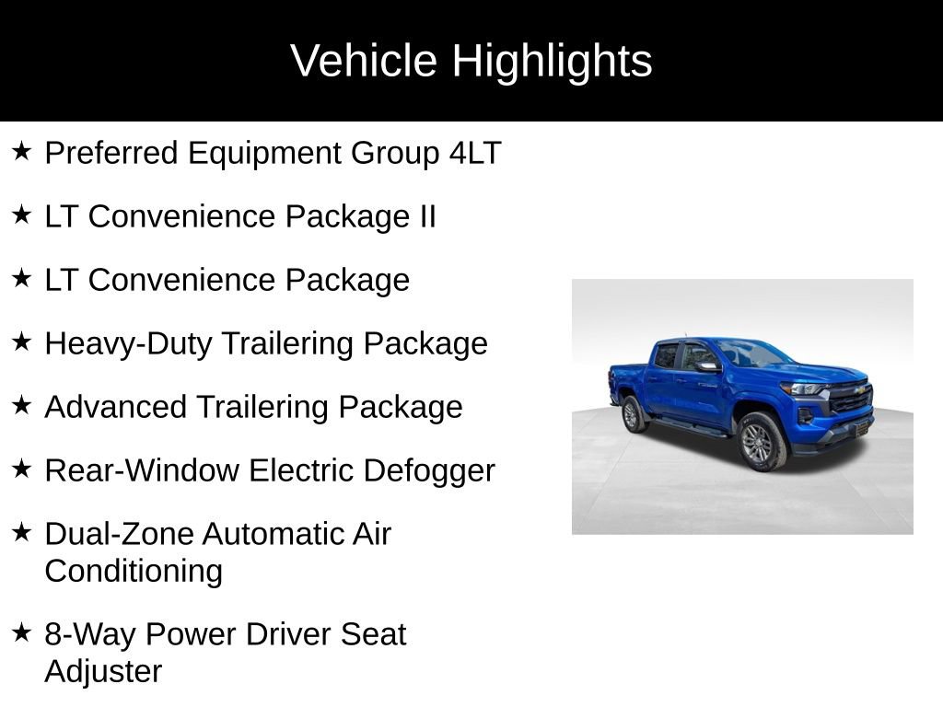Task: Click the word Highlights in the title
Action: coord(552,62)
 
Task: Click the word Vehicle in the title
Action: coord(364,62)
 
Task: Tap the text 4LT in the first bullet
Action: coord(475,153)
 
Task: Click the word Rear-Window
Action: coord(142,470)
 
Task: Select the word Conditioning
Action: coord(134,571)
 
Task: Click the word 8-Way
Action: coord(90,634)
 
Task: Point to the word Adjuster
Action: coord(103,671)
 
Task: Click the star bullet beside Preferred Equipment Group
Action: coord(22,151)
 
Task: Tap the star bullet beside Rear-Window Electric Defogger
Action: coord(22,469)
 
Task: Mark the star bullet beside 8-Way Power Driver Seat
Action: coord(22,632)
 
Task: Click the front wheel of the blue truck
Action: coord(760,442)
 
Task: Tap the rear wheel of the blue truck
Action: coord(634,414)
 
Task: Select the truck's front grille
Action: coord(849,398)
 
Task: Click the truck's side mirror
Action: coord(707,366)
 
